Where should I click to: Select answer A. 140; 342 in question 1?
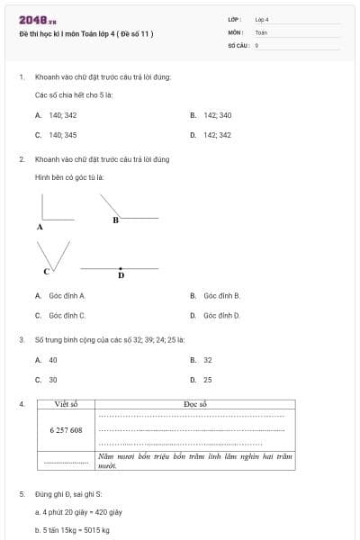pos(56,115)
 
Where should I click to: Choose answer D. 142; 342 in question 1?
pos(211,135)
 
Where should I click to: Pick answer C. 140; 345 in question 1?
pos(56,135)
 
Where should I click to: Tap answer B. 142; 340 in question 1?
pos(211,115)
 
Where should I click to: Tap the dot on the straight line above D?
pos(121,268)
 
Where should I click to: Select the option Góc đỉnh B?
pos(215,295)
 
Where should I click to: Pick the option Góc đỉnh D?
pos(215,316)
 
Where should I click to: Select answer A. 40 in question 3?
pos(47,359)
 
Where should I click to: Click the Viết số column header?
pos(67,405)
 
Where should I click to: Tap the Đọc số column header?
pos(195,405)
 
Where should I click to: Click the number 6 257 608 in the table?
pos(66,430)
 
